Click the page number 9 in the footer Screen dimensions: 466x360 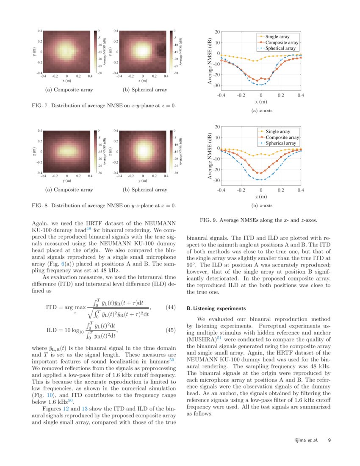point(329,440)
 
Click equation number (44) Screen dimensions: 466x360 point(170,307)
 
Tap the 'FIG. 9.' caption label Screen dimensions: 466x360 point(208,220)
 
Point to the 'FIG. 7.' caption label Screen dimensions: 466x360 point(41,105)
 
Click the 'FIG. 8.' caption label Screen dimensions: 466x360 point(41,205)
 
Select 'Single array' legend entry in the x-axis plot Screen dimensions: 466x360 point(277,37)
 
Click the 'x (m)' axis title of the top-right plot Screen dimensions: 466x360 point(260,102)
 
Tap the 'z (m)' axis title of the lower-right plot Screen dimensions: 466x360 point(260,197)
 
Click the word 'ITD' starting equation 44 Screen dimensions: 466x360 point(51,307)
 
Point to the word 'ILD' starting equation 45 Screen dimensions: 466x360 point(51,330)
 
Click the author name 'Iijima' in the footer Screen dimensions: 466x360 point(302,440)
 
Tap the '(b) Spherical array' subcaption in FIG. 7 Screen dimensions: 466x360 point(145,90)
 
